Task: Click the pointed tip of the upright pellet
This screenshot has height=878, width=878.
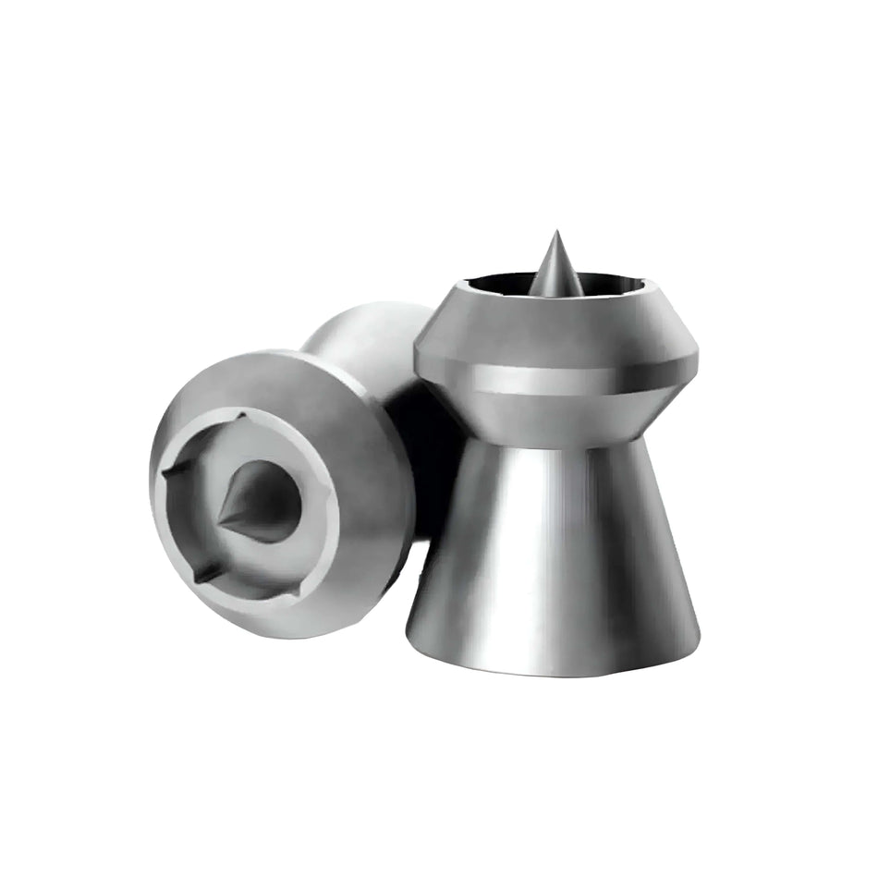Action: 555,233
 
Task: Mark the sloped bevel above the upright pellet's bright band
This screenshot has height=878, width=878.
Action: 555,323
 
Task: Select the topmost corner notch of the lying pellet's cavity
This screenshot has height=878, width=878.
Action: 242,418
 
